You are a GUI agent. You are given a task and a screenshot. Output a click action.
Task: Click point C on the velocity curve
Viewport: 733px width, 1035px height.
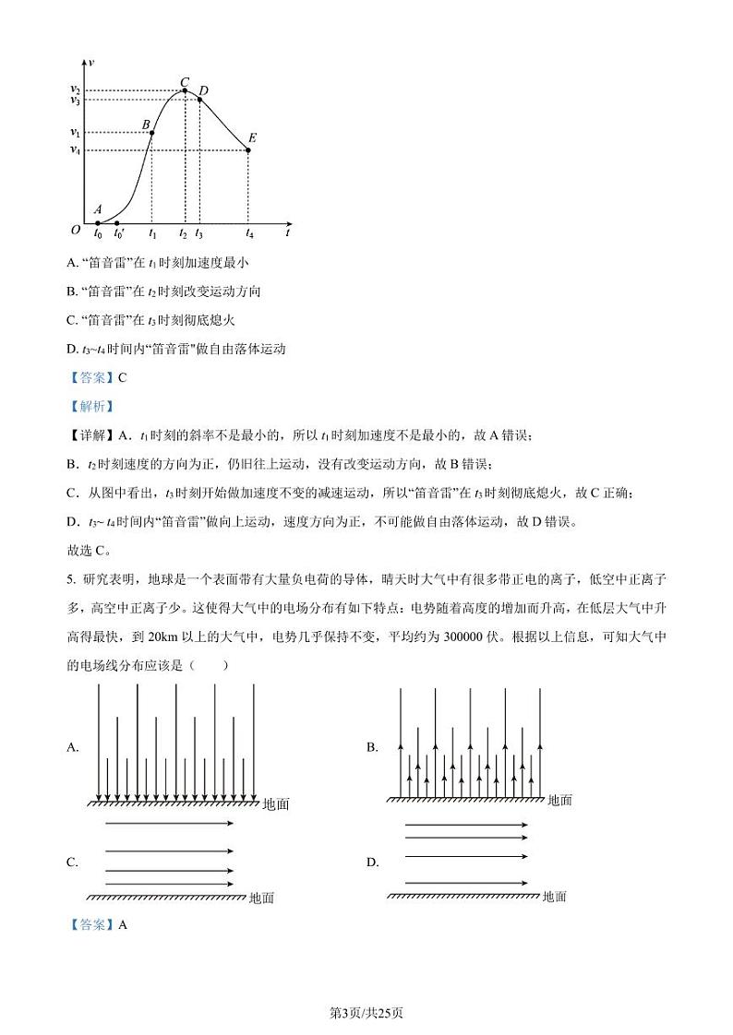point(185,90)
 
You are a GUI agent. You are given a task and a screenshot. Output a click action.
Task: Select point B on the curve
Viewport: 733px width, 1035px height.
point(152,133)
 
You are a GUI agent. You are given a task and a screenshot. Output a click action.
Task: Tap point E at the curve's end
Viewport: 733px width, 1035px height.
point(249,149)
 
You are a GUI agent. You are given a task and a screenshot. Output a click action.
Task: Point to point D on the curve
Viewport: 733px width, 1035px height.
point(199,99)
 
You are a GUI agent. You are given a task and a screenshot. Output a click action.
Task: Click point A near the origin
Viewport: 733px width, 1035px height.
point(98,222)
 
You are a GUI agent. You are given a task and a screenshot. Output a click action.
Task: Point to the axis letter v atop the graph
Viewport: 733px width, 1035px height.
point(90,61)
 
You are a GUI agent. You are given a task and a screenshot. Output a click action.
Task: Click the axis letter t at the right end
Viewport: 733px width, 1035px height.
point(288,234)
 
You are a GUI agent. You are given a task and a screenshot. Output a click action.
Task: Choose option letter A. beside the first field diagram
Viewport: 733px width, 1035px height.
point(73,748)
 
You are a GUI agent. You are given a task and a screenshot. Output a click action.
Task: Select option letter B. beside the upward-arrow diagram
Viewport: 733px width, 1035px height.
point(372,748)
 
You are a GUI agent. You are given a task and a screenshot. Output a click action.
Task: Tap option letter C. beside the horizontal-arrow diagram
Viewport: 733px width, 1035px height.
point(72,862)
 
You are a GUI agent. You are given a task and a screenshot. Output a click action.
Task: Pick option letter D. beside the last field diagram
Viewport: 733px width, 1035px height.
point(373,862)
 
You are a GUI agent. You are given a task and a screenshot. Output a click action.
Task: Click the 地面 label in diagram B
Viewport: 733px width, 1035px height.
point(559,801)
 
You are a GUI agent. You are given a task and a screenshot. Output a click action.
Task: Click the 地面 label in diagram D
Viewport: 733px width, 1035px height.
point(555,897)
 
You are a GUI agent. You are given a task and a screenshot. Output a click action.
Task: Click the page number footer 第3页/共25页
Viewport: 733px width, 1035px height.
point(366,1014)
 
